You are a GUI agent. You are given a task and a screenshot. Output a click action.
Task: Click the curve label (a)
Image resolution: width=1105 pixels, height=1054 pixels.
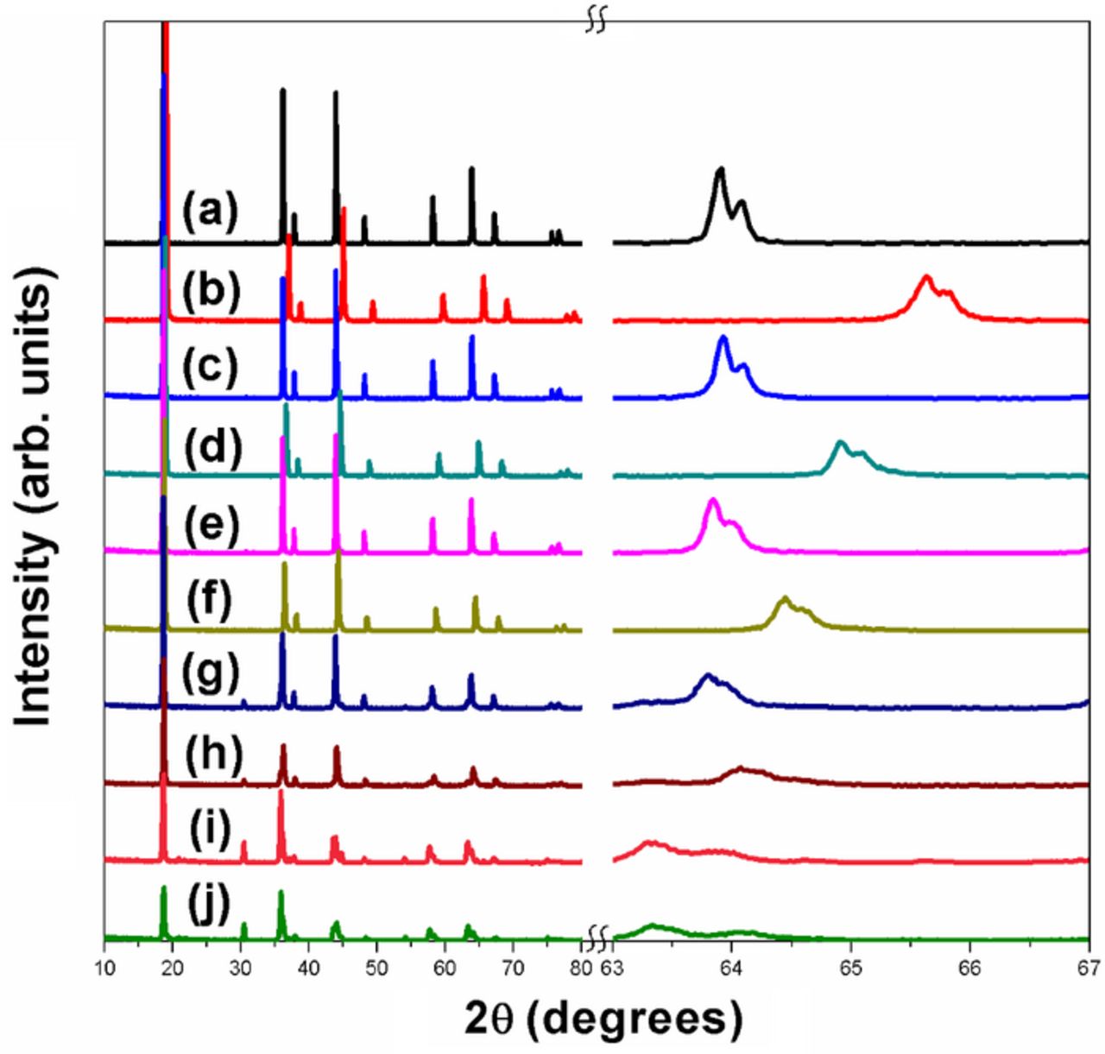pos(209,212)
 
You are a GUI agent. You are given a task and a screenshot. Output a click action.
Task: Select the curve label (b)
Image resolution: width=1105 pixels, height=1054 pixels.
pos(209,290)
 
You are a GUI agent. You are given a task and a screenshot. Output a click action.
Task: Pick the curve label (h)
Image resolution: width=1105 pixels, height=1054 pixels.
pos(213,756)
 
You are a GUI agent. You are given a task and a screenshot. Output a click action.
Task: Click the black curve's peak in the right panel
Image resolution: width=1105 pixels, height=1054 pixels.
pos(720,169)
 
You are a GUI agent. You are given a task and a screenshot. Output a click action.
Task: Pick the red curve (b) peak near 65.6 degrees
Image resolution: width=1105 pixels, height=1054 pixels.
pos(927,277)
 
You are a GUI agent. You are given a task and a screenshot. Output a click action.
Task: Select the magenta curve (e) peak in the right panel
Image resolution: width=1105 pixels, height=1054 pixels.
pos(713,501)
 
